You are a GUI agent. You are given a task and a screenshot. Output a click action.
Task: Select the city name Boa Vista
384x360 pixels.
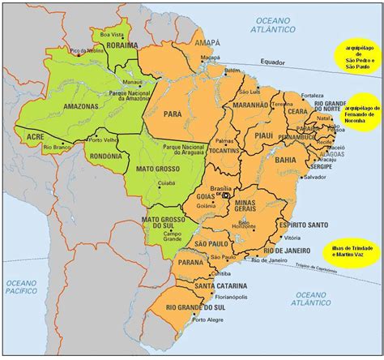(x=110, y=34)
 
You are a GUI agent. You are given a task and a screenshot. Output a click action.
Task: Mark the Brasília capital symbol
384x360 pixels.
(x=227, y=194)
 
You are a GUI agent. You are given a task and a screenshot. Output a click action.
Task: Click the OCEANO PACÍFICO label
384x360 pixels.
(x=24, y=287)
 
